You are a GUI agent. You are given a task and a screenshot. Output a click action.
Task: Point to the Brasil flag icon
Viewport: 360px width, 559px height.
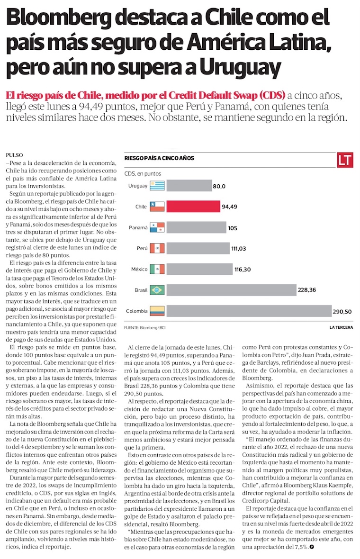pos(157,290)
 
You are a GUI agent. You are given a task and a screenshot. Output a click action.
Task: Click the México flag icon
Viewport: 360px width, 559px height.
pos(157,270)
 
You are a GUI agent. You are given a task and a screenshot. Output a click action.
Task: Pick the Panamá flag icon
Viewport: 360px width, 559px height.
pos(157,227)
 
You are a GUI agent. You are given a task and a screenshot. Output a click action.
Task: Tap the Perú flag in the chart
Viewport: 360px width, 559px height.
pos(157,248)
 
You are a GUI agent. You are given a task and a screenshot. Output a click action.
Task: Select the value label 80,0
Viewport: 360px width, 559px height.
pos(219,186)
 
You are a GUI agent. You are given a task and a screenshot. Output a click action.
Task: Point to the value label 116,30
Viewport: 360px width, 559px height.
pos(243,270)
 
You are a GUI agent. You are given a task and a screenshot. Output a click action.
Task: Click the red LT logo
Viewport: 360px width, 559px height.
pos(345,160)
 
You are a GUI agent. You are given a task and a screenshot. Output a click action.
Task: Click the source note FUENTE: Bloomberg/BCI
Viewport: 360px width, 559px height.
pos(145,327)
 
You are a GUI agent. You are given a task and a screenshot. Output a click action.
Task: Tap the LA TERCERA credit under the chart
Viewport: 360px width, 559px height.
pos(341,327)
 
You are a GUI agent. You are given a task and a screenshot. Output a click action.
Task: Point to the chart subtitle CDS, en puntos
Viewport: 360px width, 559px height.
pos(142,174)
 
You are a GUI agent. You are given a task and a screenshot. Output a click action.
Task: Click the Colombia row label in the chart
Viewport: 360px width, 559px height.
pos(136,311)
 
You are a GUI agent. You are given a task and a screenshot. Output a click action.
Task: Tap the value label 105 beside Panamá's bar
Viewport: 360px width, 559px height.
pos(233,228)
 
